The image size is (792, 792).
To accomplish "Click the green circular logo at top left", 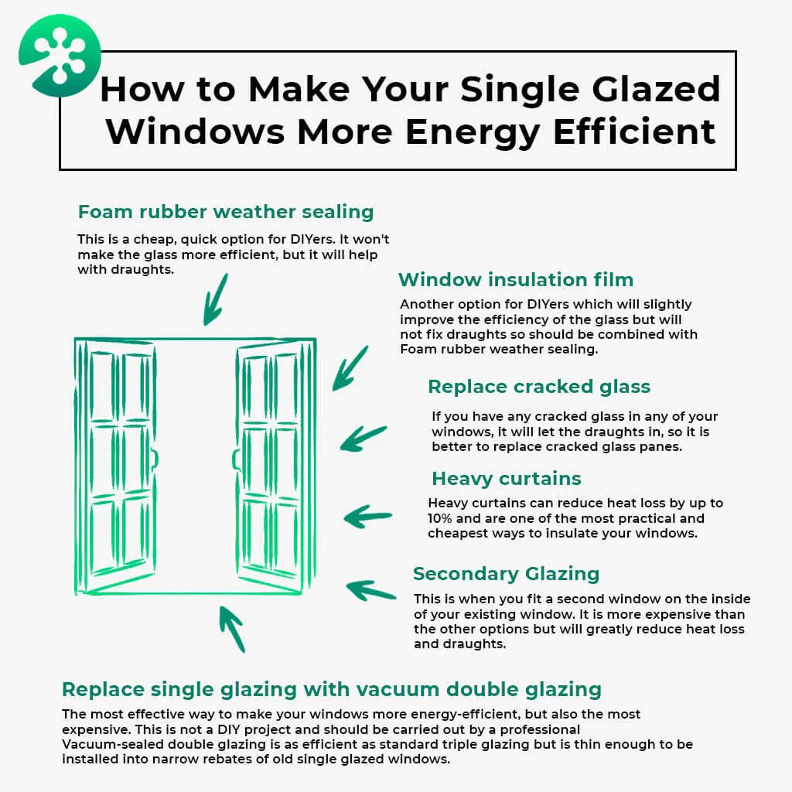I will click(60, 55).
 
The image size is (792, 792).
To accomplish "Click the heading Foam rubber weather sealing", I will click(225, 212).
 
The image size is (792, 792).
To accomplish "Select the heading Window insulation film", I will click(515, 280).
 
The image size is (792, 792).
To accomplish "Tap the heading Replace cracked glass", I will click(539, 387).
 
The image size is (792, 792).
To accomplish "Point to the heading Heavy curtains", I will click(506, 478).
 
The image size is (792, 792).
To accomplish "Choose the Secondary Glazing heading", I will click(506, 574).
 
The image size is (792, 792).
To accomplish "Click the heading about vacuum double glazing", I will click(331, 689).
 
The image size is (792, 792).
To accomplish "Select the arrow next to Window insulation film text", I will click(350, 369).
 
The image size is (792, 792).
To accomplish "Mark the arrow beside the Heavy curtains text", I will click(367, 516).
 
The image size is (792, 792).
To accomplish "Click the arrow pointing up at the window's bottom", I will click(232, 627).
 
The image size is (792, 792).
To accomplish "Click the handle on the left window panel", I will click(155, 458).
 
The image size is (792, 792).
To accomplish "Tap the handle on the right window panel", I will click(236, 459).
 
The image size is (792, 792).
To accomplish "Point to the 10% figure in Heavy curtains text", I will click(440, 518).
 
